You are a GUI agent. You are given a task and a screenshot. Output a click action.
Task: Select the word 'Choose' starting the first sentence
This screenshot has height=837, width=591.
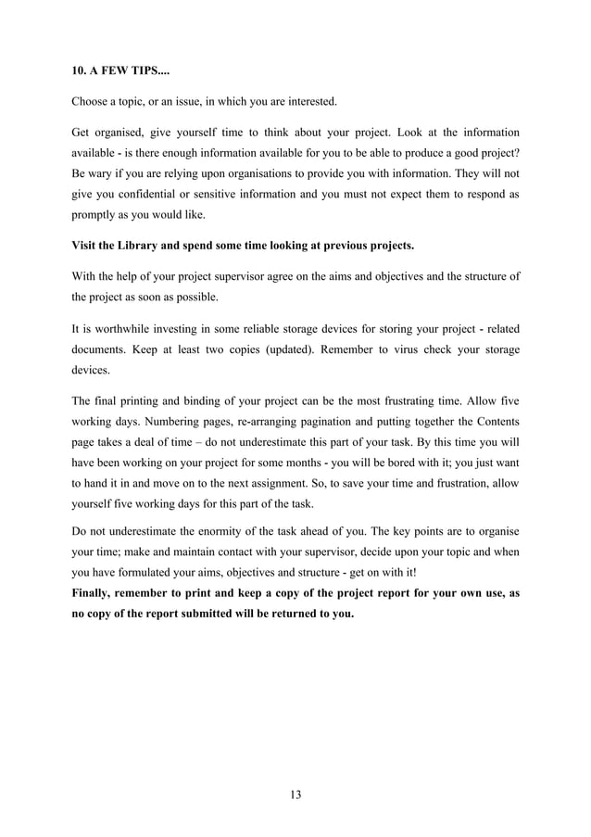pyautogui.click(x=94, y=100)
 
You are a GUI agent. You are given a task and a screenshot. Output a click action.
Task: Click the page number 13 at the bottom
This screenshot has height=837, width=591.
pyautogui.click(x=295, y=794)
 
